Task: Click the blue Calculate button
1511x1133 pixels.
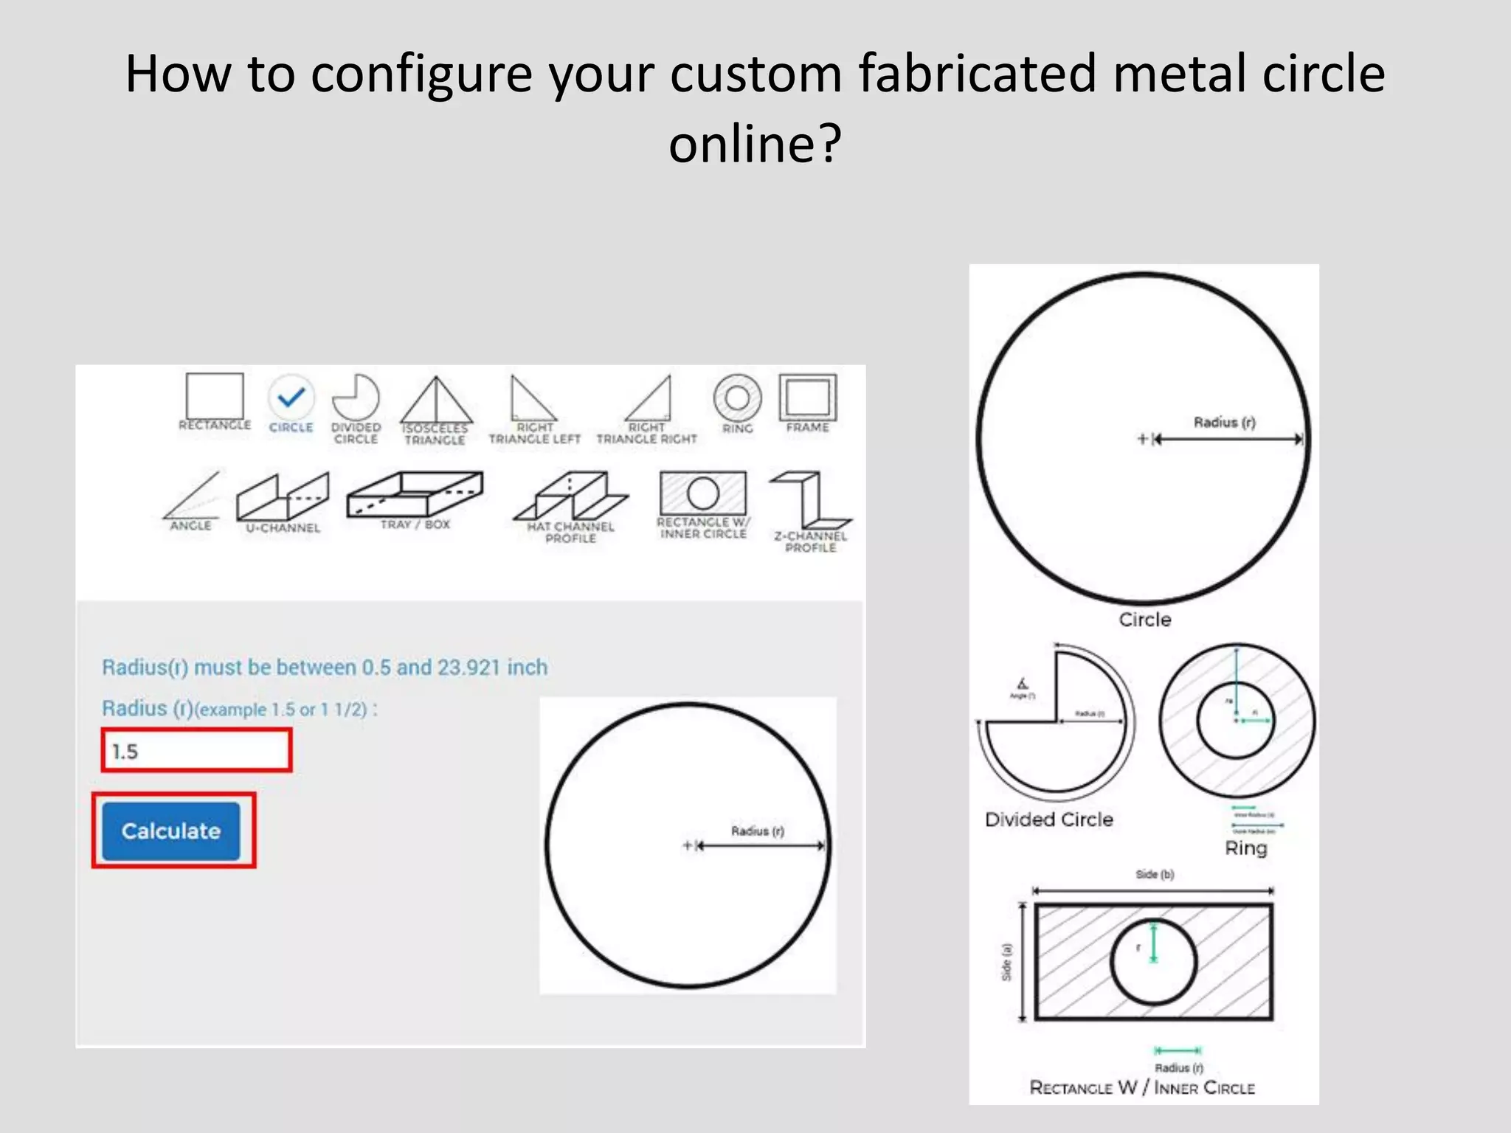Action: pyautogui.click(x=171, y=831)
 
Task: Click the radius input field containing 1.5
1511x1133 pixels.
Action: pyautogui.click(x=196, y=751)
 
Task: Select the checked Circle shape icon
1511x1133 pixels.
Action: pyautogui.click(x=291, y=398)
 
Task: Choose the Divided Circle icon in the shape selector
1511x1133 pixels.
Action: pyautogui.click(x=356, y=398)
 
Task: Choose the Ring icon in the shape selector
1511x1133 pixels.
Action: pyautogui.click(x=737, y=398)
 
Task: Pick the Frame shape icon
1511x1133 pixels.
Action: pyautogui.click(x=808, y=398)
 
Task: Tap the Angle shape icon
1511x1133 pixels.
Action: pyautogui.click(x=192, y=495)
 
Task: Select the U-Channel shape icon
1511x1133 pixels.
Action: pyautogui.click(x=283, y=496)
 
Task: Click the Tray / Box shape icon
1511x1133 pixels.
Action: pyautogui.click(x=415, y=494)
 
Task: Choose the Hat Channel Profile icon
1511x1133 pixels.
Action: pyautogui.click(x=570, y=496)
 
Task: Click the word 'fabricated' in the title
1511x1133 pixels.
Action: pyautogui.click(x=977, y=74)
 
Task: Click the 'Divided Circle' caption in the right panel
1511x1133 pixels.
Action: pyautogui.click(x=1048, y=820)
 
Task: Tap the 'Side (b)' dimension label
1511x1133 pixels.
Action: pyautogui.click(x=1155, y=875)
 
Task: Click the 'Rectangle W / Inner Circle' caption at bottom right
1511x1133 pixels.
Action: pyautogui.click(x=1142, y=1088)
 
